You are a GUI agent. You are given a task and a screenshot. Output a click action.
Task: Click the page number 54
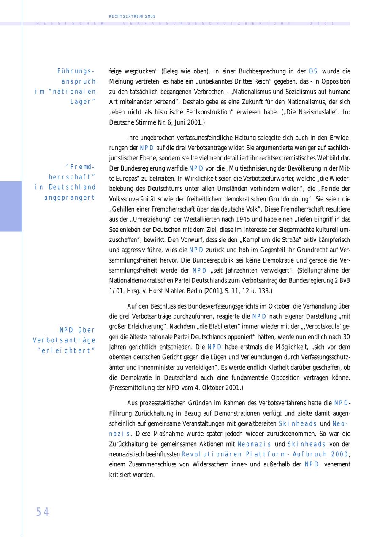tap(42, 512)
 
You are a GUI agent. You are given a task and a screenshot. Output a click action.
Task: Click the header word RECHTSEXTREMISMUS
tap(132, 16)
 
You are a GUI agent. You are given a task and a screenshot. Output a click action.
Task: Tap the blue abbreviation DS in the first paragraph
tap(313, 71)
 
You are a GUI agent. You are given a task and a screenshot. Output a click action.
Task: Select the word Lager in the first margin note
tap(83, 102)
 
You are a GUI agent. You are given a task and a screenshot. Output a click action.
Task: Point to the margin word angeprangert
tap(70, 198)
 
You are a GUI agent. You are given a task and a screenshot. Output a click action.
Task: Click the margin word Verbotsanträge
tap(64, 340)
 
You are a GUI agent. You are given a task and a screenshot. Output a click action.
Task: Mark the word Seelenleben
tap(125, 230)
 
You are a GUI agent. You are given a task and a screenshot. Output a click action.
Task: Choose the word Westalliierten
tap(207, 219)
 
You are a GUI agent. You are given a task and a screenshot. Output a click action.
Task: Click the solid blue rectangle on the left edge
tap(11, 206)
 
